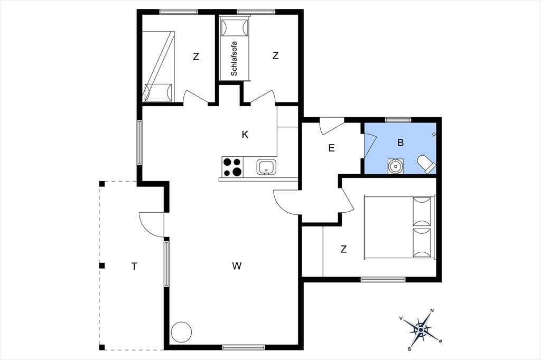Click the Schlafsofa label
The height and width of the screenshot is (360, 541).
point(234,59)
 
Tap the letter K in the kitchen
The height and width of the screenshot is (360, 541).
point(245,135)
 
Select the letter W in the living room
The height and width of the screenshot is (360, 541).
point(237,266)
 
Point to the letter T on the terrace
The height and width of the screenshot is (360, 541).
point(134,266)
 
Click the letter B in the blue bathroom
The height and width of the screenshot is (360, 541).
point(400,143)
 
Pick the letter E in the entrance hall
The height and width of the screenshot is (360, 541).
point(332,148)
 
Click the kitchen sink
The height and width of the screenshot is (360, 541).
point(266,167)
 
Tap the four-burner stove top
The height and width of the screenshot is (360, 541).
point(232,167)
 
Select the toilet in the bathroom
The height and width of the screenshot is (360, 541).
point(427,164)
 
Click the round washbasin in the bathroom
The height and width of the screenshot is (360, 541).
point(395,166)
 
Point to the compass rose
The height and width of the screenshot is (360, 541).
point(421,330)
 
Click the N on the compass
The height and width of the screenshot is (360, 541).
point(432,311)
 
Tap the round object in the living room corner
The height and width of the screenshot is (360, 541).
point(182,331)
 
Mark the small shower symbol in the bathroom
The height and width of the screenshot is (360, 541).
point(434,134)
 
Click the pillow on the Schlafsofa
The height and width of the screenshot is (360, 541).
point(235,27)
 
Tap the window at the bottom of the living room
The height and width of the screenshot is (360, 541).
point(244,347)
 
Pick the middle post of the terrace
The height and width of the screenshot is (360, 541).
point(102,266)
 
